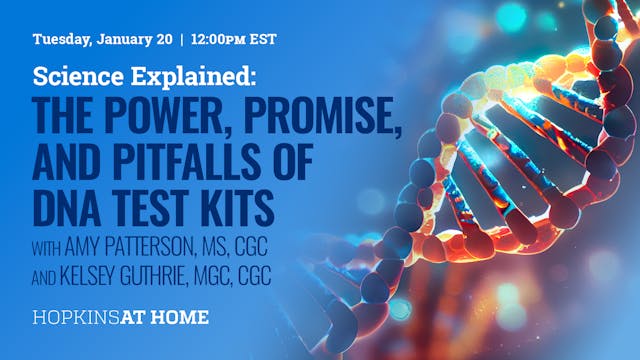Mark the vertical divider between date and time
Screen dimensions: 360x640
(x=181, y=42)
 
